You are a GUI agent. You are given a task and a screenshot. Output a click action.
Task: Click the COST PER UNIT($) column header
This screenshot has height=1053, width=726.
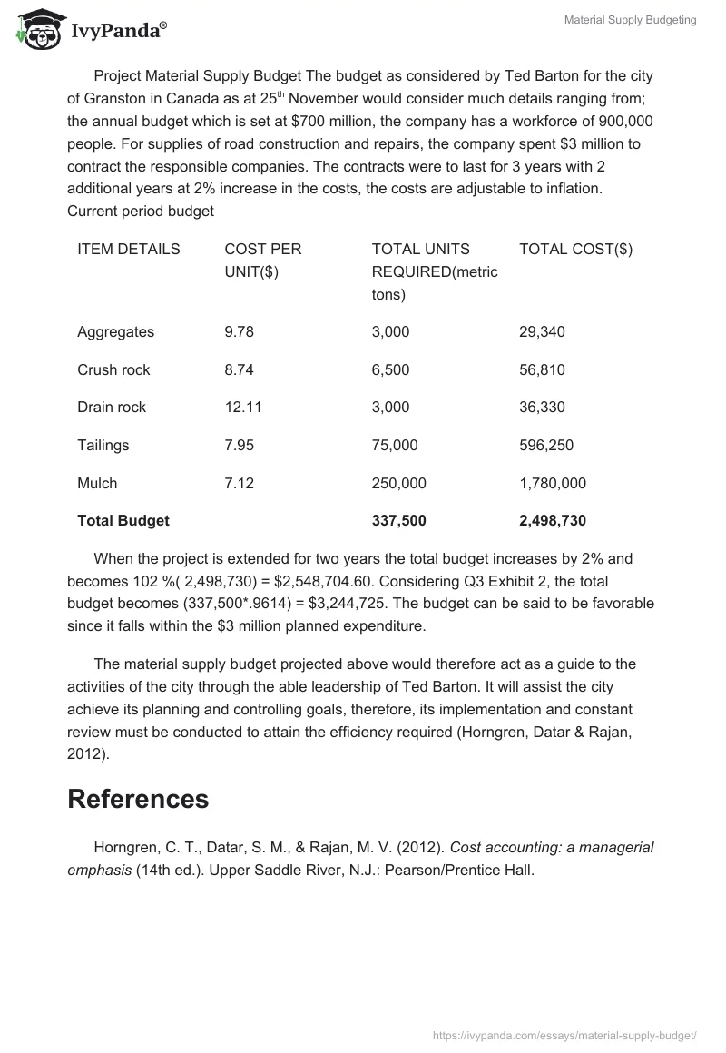click(x=262, y=261)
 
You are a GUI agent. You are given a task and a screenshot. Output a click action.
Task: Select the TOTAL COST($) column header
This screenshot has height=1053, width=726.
click(x=575, y=249)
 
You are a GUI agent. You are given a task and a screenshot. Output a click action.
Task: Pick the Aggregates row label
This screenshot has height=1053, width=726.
click(x=115, y=331)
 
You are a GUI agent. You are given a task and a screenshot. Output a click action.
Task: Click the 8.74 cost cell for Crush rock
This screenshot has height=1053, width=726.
click(x=239, y=369)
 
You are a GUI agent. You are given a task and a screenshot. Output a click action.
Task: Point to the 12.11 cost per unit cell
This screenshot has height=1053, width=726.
click(x=242, y=407)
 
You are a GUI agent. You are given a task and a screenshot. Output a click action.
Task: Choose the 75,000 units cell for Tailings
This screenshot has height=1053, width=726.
click(x=395, y=445)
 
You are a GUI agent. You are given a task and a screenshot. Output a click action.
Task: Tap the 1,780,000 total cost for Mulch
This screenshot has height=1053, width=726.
click(x=553, y=483)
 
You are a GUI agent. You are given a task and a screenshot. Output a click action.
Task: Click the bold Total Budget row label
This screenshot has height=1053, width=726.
click(x=123, y=520)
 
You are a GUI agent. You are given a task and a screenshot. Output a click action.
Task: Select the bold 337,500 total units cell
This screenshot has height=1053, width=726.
click(x=398, y=520)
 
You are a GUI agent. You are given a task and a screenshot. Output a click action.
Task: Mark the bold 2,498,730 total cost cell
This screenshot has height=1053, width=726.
click(x=553, y=520)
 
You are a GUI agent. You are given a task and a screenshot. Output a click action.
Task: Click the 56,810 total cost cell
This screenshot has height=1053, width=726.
click(x=542, y=369)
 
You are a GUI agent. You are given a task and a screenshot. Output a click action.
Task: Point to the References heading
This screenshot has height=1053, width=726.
click(x=138, y=799)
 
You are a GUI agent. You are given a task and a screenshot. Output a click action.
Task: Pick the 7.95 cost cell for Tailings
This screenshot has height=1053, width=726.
click(x=240, y=445)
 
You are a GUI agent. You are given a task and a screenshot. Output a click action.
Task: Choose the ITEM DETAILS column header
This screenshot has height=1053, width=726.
click(x=128, y=249)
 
